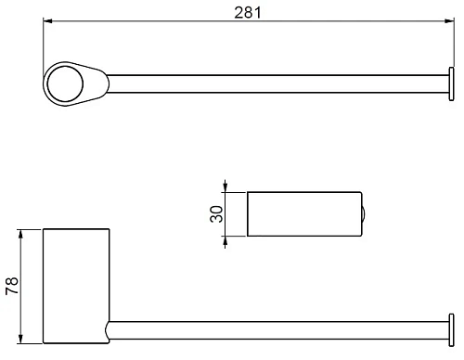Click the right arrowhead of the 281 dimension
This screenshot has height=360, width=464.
pos(448,22)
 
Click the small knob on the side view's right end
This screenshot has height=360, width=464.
pos(365,214)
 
